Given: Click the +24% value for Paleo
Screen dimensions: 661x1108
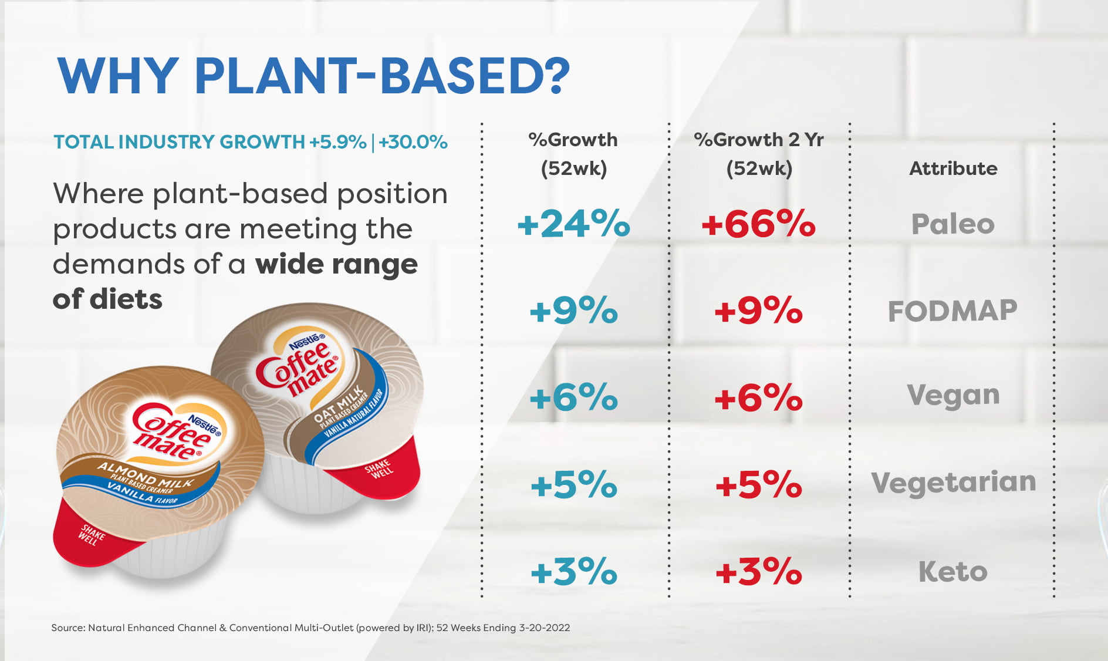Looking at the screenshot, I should (x=573, y=224).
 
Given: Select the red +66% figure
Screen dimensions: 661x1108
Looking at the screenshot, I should (x=758, y=224).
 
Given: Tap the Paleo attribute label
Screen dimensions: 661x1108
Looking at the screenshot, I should (x=952, y=224).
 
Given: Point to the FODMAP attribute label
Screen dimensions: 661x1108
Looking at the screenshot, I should (x=952, y=311).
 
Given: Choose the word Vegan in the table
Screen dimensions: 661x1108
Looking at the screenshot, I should (x=953, y=395).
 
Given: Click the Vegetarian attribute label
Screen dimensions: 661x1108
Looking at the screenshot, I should (x=953, y=483).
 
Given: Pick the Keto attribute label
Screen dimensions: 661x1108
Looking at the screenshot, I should (x=952, y=571).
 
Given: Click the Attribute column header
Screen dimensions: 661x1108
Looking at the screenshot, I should (x=953, y=168).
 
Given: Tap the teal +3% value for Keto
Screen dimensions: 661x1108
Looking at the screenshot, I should (x=573, y=571).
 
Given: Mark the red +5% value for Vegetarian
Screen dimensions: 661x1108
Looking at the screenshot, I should (x=758, y=485).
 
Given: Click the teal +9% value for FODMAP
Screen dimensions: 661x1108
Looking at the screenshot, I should (x=573, y=311).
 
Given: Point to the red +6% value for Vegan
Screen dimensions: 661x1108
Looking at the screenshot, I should (x=758, y=398).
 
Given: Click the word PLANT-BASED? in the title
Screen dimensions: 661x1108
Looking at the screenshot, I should (x=381, y=76).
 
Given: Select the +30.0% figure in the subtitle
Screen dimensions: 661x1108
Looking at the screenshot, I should (x=413, y=142).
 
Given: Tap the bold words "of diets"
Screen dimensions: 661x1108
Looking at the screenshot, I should (x=107, y=299).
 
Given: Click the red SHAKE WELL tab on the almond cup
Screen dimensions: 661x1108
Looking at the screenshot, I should (x=91, y=535).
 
